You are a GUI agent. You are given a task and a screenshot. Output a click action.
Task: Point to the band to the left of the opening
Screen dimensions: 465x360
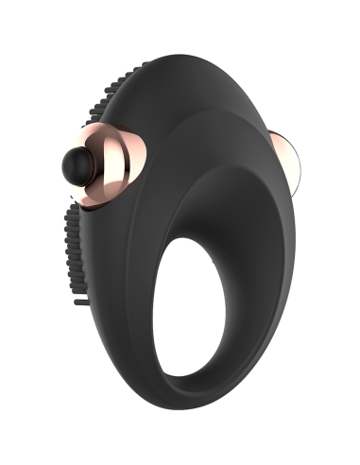(x=132, y=331)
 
